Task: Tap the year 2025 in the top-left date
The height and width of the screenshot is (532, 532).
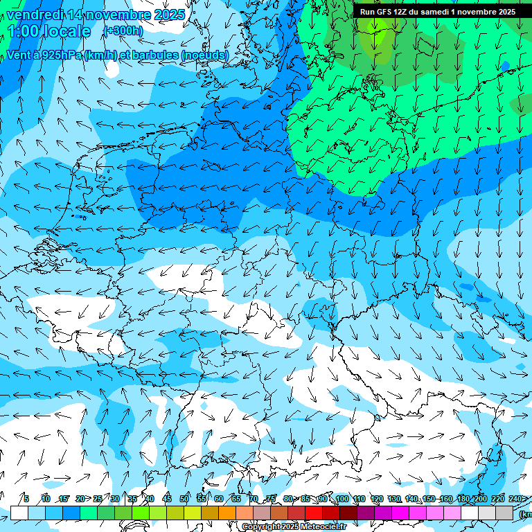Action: (x=168, y=15)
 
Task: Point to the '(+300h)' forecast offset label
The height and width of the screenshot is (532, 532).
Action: (x=123, y=31)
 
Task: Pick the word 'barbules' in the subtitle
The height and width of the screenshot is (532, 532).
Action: (x=161, y=55)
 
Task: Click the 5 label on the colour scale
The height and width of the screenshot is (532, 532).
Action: (x=26, y=499)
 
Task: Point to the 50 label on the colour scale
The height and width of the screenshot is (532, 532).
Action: (x=184, y=499)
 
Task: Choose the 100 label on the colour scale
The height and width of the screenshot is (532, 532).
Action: (x=342, y=499)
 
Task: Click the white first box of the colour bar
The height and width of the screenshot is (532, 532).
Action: (x=19, y=513)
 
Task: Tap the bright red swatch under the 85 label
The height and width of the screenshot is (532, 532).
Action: (x=314, y=513)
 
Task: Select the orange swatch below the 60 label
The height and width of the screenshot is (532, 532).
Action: (x=210, y=513)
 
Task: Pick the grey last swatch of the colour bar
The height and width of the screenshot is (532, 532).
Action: (x=504, y=513)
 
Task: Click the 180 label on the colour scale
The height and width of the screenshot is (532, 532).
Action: (x=463, y=499)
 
